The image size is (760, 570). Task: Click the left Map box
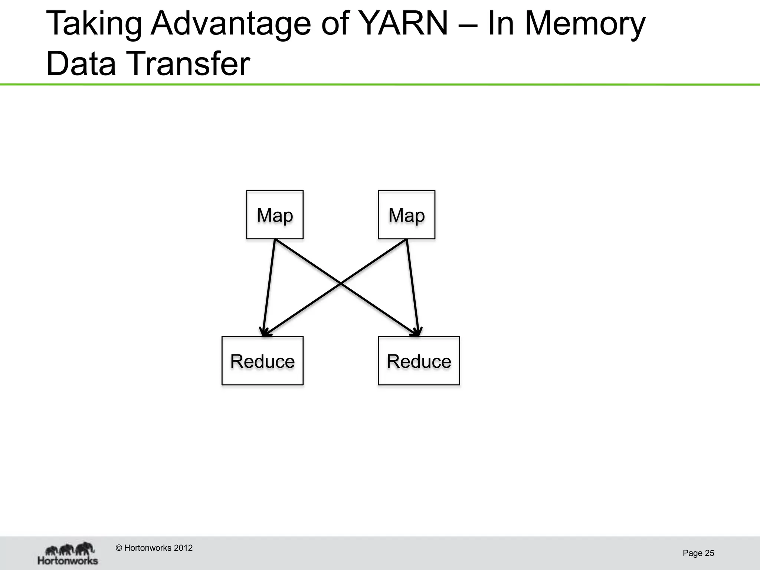point(275,214)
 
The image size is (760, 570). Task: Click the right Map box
point(406,214)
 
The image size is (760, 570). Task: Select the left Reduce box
point(262,361)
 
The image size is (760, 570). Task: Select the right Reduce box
point(419,361)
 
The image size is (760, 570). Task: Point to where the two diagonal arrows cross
point(341,284)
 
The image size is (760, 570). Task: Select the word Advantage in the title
point(230,24)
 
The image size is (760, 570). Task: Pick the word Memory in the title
point(585,24)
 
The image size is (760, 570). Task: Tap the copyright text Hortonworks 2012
point(154,548)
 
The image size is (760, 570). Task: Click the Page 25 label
point(698,553)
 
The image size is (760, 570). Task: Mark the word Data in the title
point(81,64)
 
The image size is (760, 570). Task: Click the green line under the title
point(380,85)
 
